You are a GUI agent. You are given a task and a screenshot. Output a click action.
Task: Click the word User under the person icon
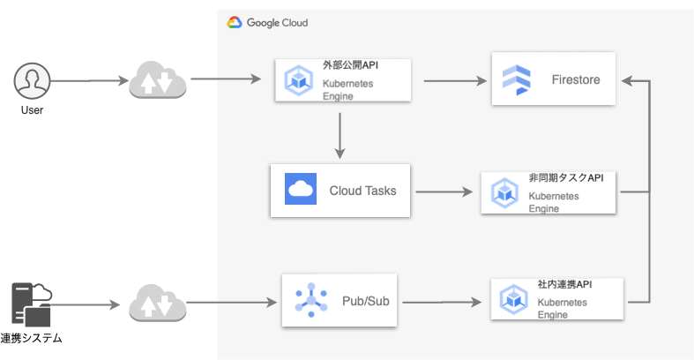(33, 110)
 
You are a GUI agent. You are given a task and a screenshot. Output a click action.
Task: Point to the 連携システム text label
(36, 339)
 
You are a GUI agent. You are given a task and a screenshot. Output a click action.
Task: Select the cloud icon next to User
(158, 80)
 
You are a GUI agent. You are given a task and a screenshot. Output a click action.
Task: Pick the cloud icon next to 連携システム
(158, 304)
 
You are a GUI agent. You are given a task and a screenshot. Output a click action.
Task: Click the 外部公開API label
(351, 65)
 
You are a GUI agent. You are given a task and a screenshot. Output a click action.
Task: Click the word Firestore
(575, 79)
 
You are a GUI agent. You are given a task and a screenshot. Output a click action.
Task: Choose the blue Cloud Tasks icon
(301, 190)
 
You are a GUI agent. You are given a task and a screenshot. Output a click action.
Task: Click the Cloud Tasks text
(362, 190)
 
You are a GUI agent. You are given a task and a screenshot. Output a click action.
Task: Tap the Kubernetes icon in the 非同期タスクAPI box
(504, 192)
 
